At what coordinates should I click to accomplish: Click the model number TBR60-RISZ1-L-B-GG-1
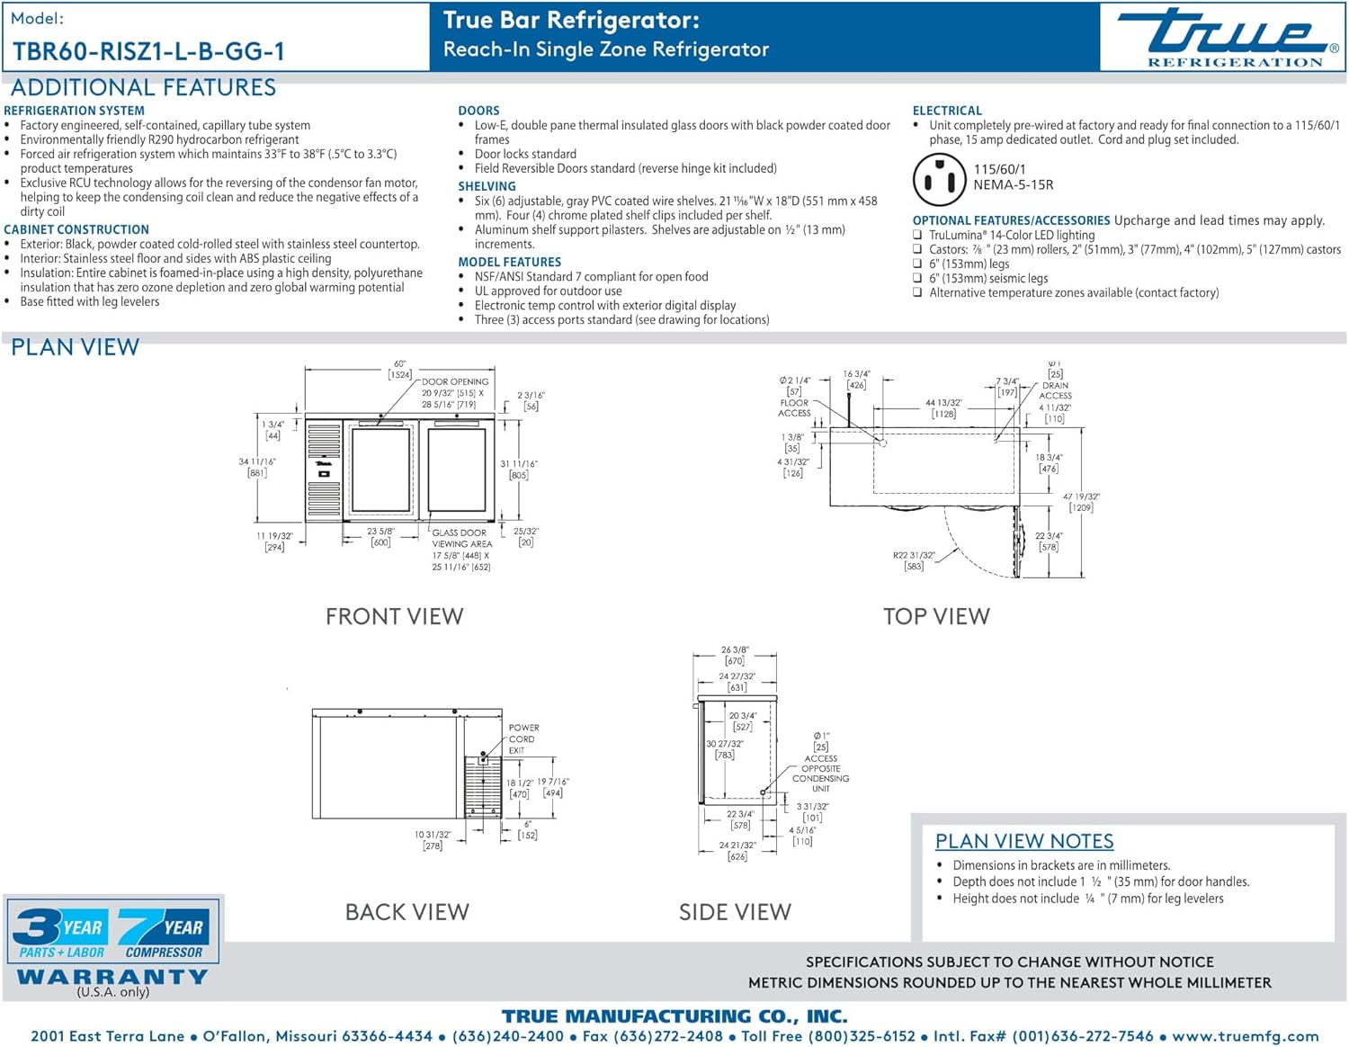pyautogui.click(x=148, y=51)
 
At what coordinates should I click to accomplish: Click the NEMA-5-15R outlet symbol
pyautogui.click(x=939, y=178)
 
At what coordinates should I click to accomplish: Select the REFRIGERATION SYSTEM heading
pyautogui.click(x=74, y=111)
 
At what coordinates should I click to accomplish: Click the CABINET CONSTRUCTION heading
pyautogui.click(x=76, y=229)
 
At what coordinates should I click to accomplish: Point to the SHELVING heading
pyautogui.click(x=487, y=186)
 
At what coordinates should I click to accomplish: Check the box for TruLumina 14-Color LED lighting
pyautogui.click(x=917, y=235)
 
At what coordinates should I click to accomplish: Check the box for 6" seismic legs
pyautogui.click(x=917, y=278)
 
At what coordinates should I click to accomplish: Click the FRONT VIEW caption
pyautogui.click(x=394, y=616)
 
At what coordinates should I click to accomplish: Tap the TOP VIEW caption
pyautogui.click(x=935, y=616)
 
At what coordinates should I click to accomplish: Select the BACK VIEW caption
pyautogui.click(x=406, y=912)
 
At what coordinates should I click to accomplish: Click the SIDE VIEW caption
pyautogui.click(x=735, y=912)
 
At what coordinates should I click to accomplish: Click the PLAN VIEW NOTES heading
pyautogui.click(x=1023, y=841)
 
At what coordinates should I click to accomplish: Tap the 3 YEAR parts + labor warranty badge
pyautogui.click(x=59, y=934)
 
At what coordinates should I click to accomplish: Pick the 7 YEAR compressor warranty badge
pyautogui.click(x=164, y=934)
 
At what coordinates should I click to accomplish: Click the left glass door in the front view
pyautogui.click(x=380, y=470)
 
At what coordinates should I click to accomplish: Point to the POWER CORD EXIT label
pyautogui.click(x=523, y=738)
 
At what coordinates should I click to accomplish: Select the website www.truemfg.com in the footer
pyautogui.click(x=1246, y=1036)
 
